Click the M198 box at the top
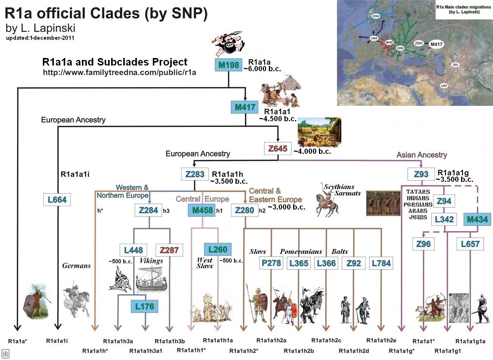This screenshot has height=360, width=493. [x=229, y=65]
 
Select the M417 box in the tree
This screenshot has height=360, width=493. [x=245, y=107]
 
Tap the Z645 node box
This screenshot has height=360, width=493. [x=278, y=149]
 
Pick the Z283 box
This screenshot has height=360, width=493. [x=195, y=174]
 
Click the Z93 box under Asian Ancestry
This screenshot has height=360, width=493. [x=421, y=174]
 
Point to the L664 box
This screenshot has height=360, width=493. [x=57, y=199]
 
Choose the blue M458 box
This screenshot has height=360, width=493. [x=203, y=210]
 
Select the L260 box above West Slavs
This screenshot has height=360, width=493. [x=218, y=249]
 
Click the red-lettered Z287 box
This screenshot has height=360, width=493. [x=169, y=250]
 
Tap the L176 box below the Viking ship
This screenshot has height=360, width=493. [x=144, y=306]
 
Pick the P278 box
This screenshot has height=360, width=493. [x=272, y=263]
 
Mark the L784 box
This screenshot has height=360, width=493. [x=381, y=263]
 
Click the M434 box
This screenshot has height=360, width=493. [x=477, y=219]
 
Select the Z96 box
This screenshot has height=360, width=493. [x=423, y=244]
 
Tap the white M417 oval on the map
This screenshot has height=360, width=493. [x=436, y=44]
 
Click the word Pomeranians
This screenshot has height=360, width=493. [x=301, y=252]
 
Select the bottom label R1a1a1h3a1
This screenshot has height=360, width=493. [x=146, y=351]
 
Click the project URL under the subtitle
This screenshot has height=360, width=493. [x=119, y=72]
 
